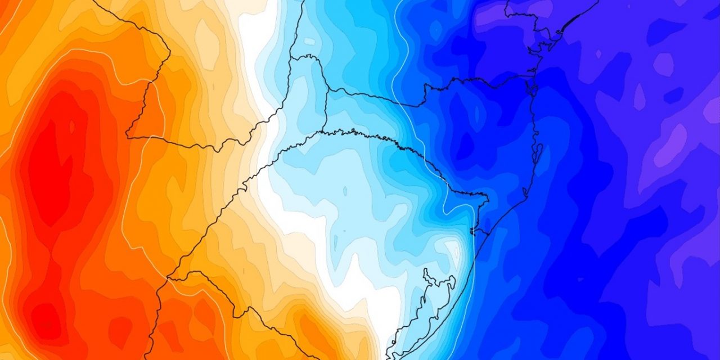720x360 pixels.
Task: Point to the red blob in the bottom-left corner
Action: coord(45,321)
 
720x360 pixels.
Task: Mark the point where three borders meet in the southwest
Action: coord(168,278)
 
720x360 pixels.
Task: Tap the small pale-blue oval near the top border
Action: coord(310,42)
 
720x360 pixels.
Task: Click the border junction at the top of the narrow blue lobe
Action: coord(308,56)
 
